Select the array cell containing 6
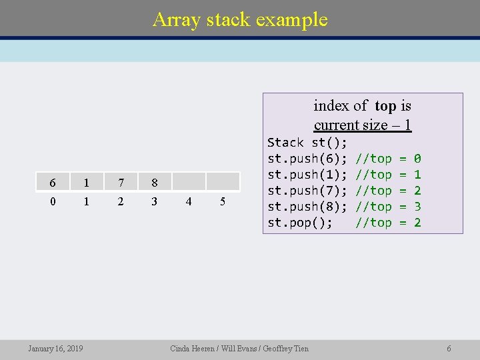point(52,182)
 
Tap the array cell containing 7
point(120,182)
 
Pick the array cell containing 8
point(154,182)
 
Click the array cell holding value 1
point(86,182)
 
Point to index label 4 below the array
point(189,201)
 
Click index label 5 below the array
point(223,201)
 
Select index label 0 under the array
point(52,201)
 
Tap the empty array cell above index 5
point(223,181)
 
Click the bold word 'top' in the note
point(385,106)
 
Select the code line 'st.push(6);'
point(307,159)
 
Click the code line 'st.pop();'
point(299,223)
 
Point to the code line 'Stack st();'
point(307,143)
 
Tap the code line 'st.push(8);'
point(307,207)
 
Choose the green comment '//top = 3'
point(389,207)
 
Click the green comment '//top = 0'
point(389,159)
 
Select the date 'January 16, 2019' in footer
point(55,348)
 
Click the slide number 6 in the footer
point(449,348)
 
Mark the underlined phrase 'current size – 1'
point(362,125)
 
